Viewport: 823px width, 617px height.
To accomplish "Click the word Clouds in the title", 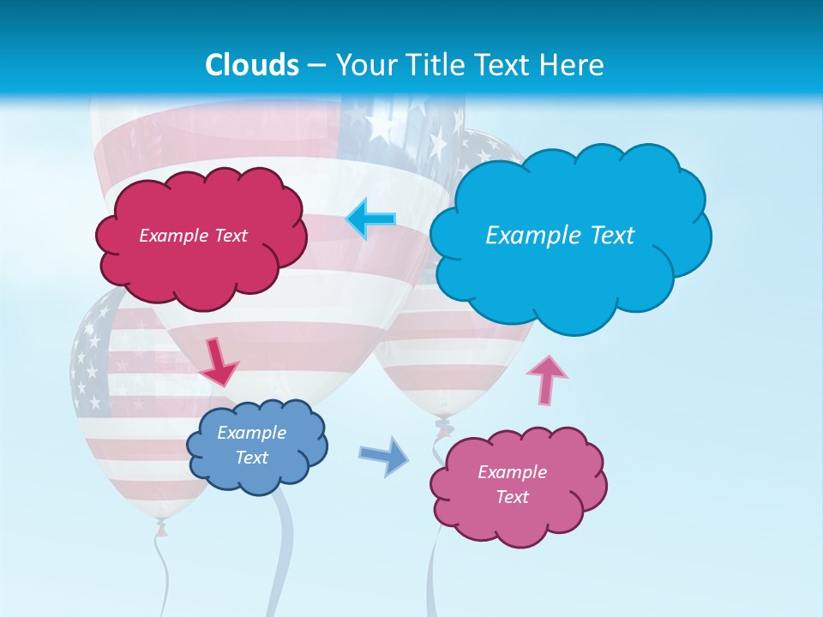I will click(x=251, y=65).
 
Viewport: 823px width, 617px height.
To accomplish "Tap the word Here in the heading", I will click(x=573, y=65).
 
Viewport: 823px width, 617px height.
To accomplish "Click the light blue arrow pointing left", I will click(x=370, y=219).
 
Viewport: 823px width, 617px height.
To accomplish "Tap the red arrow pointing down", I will click(x=219, y=362).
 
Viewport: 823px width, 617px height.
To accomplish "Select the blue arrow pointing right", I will click(x=384, y=456).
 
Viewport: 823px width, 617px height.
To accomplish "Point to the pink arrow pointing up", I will click(x=547, y=379).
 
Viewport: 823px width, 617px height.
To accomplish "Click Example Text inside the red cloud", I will click(x=193, y=236).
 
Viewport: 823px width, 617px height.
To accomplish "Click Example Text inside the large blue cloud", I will click(x=560, y=236).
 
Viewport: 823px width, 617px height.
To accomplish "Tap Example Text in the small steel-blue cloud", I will click(x=252, y=446).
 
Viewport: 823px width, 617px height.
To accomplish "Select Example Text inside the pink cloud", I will click(x=512, y=484).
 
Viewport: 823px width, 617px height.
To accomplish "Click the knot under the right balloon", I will click(x=443, y=422).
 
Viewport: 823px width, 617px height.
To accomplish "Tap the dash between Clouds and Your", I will click(x=317, y=65).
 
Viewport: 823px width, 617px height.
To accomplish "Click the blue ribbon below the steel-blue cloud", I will click(x=284, y=548).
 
